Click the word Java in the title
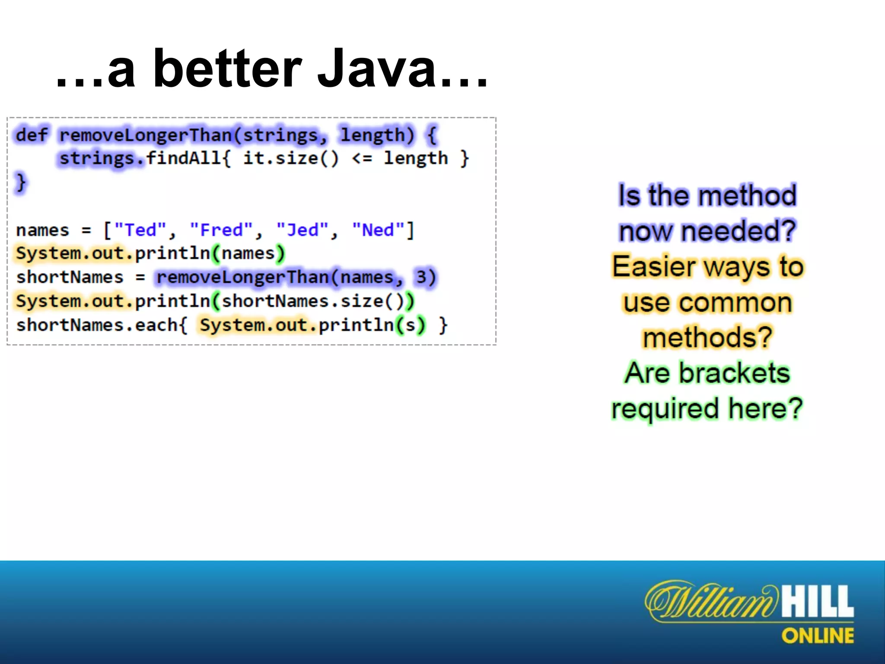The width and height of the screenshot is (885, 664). [376, 69]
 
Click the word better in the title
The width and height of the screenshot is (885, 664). [227, 69]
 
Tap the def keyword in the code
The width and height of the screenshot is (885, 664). [32, 135]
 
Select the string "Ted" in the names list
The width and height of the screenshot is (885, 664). [140, 230]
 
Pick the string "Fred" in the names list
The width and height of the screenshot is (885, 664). [221, 230]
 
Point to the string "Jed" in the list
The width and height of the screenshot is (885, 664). [302, 230]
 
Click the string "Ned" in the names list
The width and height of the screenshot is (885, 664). [379, 230]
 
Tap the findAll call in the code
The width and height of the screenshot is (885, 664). [184, 158]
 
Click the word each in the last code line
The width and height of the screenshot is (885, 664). [156, 325]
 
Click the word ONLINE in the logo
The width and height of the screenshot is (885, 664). [817, 636]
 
